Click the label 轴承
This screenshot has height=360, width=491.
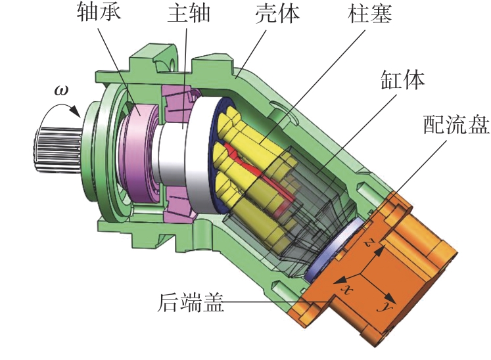(99, 13)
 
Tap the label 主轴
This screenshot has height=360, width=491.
(189, 13)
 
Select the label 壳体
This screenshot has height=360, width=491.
(277, 13)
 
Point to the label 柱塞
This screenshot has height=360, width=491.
(370, 13)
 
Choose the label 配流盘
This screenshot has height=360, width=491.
(457, 124)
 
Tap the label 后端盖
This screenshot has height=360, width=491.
(191, 302)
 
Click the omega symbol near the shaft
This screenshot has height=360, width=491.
(60, 91)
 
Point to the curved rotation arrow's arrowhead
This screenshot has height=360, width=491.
(75, 111)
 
